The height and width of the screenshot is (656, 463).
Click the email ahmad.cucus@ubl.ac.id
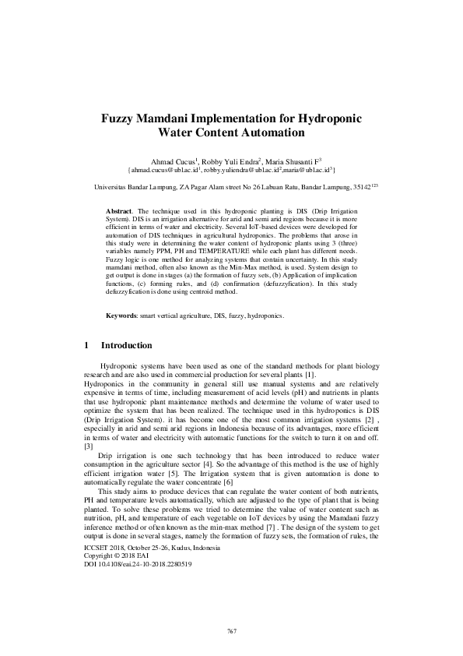(163, 168)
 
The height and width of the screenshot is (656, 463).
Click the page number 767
(231, 630)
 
